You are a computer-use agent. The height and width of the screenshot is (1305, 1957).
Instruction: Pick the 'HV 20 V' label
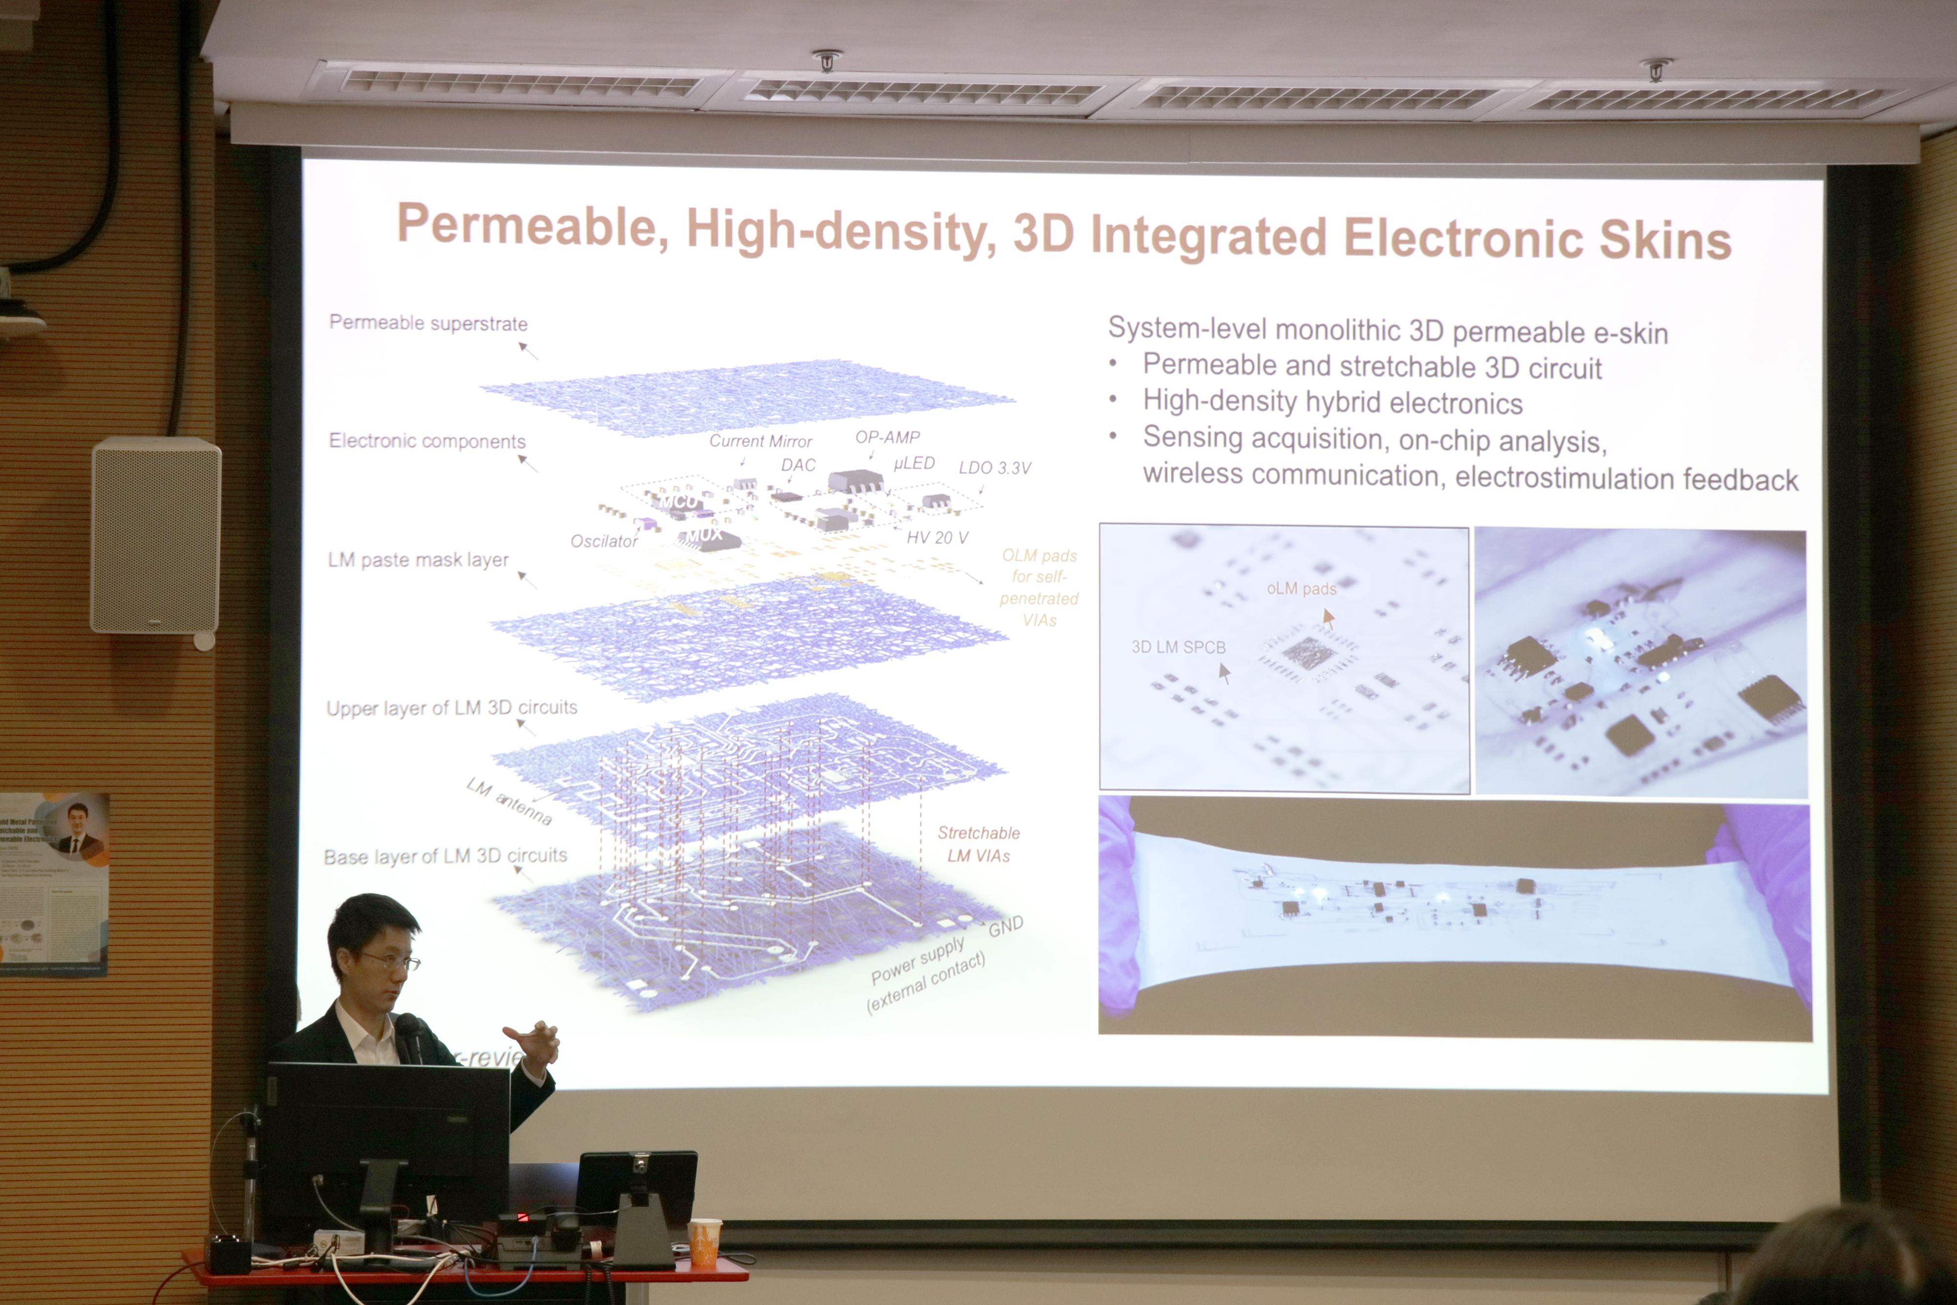click(x=937, y=538)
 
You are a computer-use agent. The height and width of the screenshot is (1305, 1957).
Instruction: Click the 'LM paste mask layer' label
click(x=418, y=559)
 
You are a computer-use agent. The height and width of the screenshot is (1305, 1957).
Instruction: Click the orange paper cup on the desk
click(x=704, y=1242)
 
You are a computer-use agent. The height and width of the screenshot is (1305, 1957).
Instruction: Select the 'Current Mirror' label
click(x=760, y=441)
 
